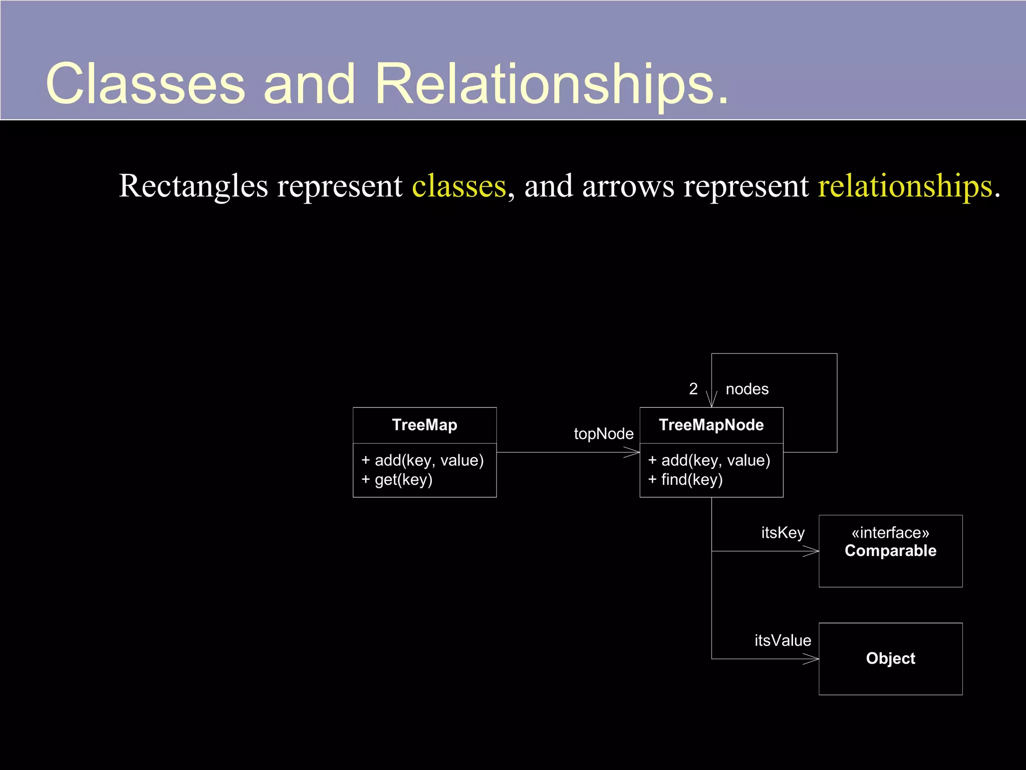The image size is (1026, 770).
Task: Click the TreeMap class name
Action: (424, 425)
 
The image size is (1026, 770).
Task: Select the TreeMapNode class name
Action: (711, 425)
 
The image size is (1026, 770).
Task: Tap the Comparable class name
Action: (890, 551)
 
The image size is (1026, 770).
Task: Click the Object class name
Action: (890, 658)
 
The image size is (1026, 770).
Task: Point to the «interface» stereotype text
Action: (890, 532)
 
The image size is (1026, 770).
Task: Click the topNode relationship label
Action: (603, 434)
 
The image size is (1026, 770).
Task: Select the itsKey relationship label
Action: (783, 532)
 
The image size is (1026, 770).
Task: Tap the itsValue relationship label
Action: (783, 640)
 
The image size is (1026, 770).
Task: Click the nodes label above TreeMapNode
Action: (747, 389)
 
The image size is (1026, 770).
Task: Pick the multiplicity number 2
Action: (693, 389)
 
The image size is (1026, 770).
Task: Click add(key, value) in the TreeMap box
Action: (423, 460)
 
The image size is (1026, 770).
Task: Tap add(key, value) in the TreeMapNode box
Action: (709, 460)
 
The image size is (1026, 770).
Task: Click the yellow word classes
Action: (459, 186)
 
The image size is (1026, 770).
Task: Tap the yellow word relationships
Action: (905, 186)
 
